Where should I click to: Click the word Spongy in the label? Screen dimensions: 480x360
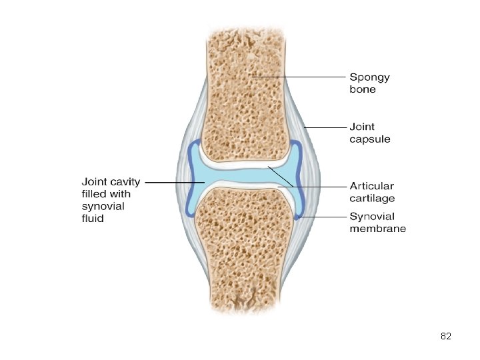coord(369,77)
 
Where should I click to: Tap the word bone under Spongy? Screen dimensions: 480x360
coord(363,89)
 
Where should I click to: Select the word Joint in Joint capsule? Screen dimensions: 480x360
coord(362,127)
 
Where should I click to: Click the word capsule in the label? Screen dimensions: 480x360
coord(370,139)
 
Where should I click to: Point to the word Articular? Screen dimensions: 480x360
coord(371,186)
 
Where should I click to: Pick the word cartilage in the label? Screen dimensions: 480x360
coord(372,198)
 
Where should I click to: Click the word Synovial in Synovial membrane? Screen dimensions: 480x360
coord(372,217)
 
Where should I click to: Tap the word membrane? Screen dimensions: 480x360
coord(377,229)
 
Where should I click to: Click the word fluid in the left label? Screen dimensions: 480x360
coord(93,218)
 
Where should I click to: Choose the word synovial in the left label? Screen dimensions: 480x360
coord(103,206)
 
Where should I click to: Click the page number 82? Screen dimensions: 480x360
coord(446,337)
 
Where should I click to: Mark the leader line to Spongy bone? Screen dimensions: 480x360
coord(300,77)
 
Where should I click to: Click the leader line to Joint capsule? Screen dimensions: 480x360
coord(323,127)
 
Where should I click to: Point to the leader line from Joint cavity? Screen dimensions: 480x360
coord(170,181)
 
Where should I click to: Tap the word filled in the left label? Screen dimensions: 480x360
coord(93,194)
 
